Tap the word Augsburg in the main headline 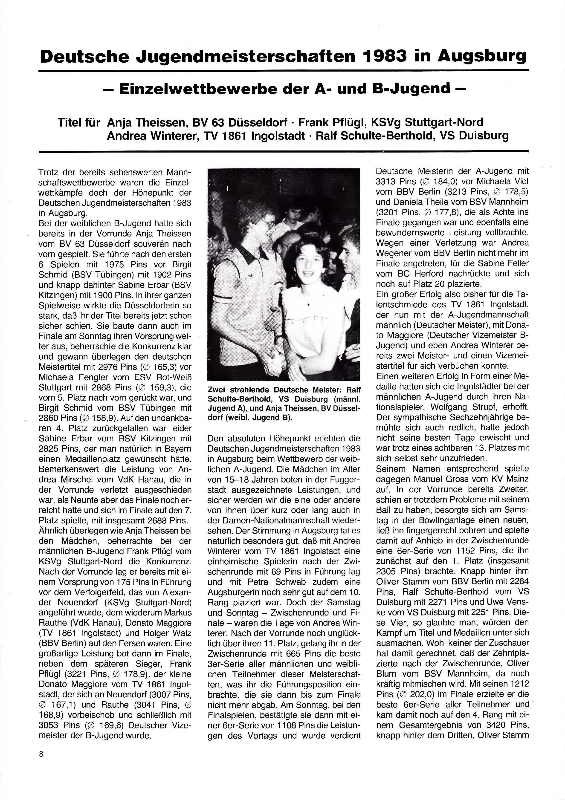pos(482,56)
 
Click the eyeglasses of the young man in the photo pos(267,224)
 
